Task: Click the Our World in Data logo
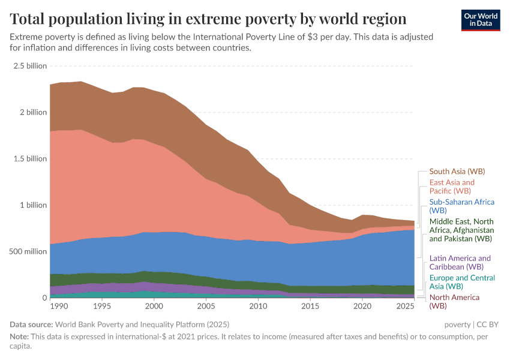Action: coord(481,19)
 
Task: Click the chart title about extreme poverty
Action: coord(208,19)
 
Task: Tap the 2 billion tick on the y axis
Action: coord(32,112)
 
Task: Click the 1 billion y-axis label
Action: coord(32,205)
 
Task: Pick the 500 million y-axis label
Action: coord(27,251)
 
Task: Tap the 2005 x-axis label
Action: coord(206,307)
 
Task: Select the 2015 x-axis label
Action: coord(310,307)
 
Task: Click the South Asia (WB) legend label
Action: coord(457,172)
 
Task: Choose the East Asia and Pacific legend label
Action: coord(452,187)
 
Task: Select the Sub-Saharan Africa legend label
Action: coord(461,206)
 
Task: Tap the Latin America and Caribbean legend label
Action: coord(460,262)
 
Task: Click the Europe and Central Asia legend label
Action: coord(462,282)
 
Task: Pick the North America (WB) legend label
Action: coord(454,302)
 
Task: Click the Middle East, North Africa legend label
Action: coord(461,230)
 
